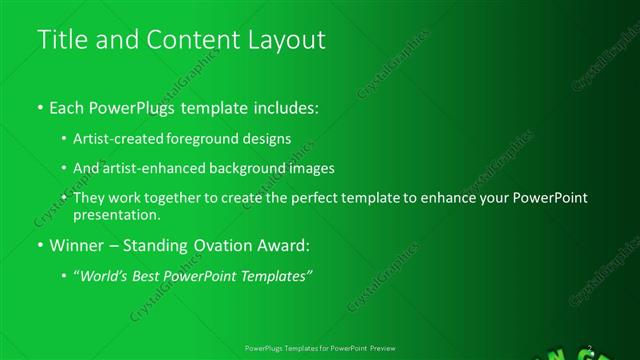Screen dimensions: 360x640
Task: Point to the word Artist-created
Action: coord(114,139)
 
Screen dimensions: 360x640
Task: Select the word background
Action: coord(255,168)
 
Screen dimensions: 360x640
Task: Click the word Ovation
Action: coord(224,244)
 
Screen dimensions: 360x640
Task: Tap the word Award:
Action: coord(284,244)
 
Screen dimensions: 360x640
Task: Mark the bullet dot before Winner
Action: coord(39,245)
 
